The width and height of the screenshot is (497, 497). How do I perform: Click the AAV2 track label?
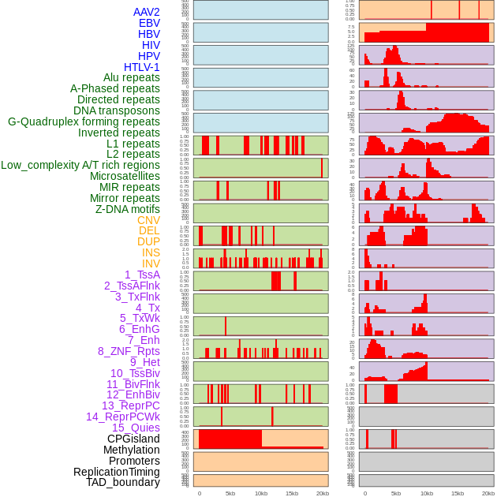coord(147,12)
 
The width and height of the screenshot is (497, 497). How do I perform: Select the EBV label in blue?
coord(149,23)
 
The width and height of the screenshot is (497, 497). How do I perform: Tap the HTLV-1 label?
coord(142,67)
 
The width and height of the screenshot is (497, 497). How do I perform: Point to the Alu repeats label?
coord(132,77)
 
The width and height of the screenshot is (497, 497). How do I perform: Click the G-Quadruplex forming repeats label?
coord(84,121)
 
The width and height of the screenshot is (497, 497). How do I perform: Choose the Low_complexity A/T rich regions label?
coord(80,165)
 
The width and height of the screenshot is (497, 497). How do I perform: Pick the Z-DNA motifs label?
coord(128,209)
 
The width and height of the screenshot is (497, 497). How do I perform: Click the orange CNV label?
coord(148,220)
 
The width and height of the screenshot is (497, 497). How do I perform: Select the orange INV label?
coord(151,263)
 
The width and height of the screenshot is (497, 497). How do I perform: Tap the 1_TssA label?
coord(142,275)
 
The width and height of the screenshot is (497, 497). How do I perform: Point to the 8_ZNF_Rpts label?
coord(129,351)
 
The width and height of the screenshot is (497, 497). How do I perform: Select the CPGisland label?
coord(133,439)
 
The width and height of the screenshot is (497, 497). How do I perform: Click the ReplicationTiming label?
coord(117,472)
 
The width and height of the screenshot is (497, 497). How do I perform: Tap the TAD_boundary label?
coord(123,482)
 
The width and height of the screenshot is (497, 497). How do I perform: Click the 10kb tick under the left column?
coord(261,493)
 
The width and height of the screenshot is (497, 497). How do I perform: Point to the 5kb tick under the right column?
coord(396,493)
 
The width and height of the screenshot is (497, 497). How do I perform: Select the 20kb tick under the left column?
coord(323,493)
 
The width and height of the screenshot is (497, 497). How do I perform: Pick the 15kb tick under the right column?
coord(458,493)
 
